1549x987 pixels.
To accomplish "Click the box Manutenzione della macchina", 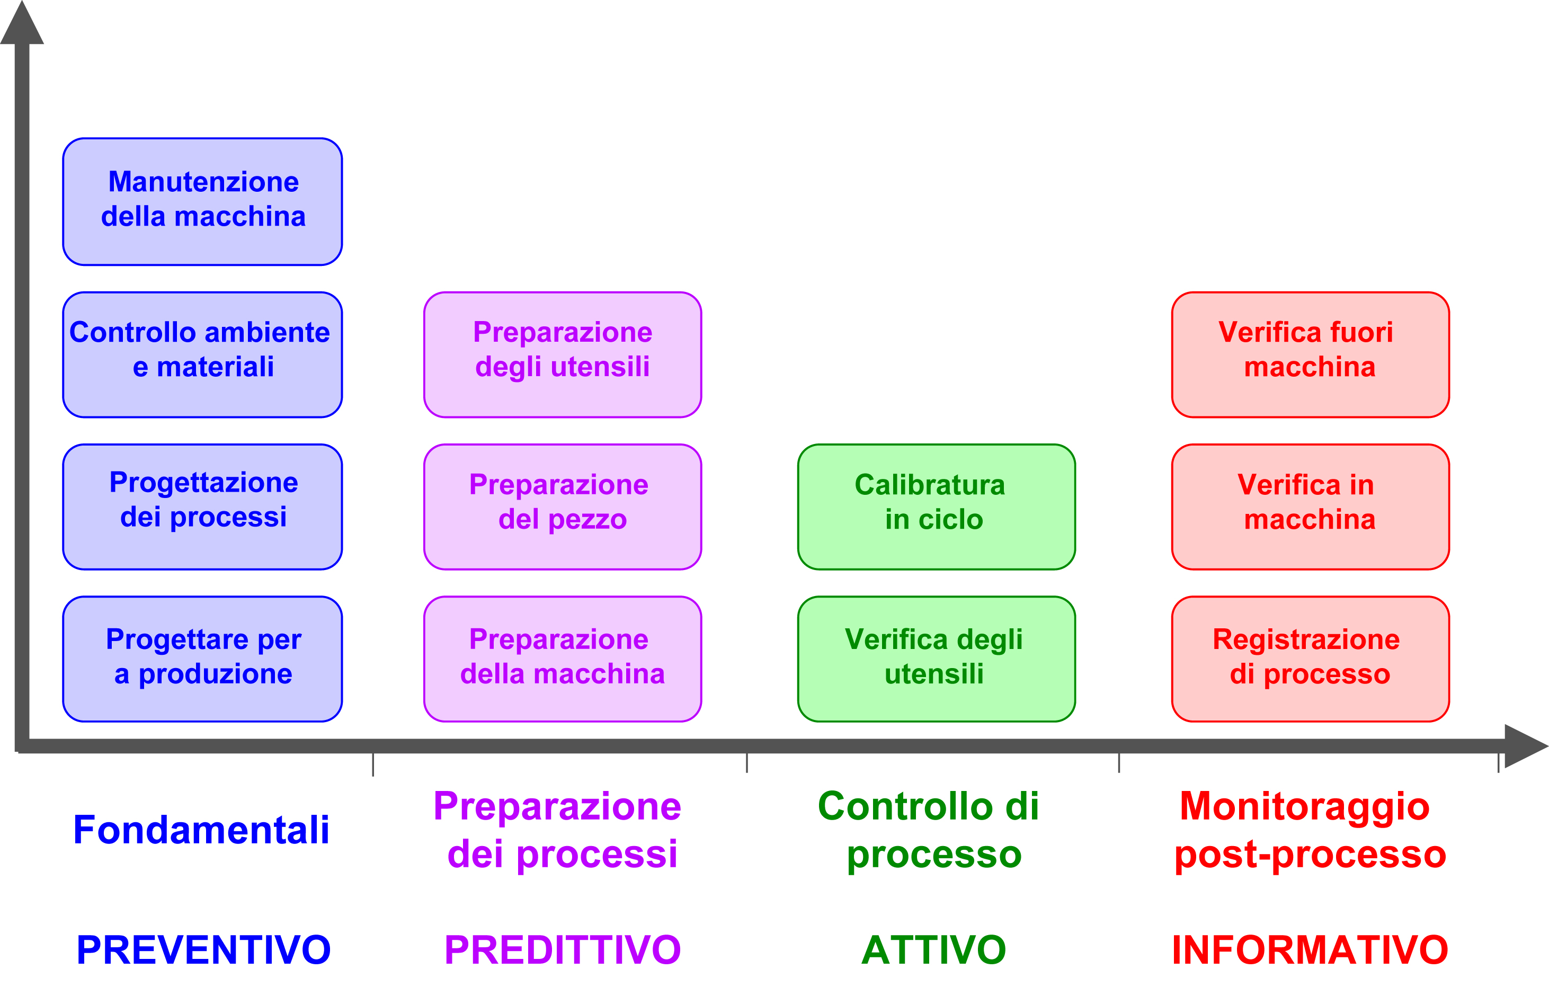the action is (202, 201).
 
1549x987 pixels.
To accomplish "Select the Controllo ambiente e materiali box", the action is (202, 354).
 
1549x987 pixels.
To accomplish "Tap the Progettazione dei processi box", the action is (202, 507).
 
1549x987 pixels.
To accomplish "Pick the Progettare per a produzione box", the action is (202, 659).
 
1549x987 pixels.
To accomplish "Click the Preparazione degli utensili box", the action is (563, 354).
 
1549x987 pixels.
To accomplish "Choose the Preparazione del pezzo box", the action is (563, 507).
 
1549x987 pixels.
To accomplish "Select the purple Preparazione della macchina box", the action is (563, 659).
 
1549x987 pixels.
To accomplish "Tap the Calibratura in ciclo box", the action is (937, 507).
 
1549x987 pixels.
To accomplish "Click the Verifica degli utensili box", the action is (937, 659).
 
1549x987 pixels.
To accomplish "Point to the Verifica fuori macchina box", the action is (1311, 354).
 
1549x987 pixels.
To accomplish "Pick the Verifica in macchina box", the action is (1311, 507).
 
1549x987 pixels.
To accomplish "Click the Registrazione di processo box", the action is (1311, 659).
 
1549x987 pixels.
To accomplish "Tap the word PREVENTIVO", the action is (203, 950).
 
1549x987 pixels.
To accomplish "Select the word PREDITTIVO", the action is (563, 950).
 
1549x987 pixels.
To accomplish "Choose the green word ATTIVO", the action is (934, 950).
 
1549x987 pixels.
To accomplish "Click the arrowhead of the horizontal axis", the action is (1527, 746).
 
